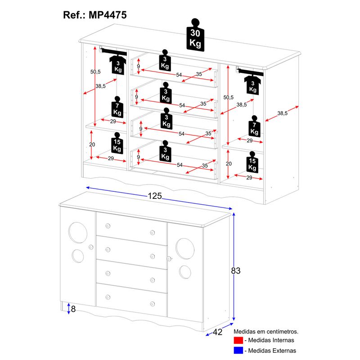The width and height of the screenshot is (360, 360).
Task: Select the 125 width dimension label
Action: [154, 196]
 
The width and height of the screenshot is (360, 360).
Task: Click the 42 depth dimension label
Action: [217, 332]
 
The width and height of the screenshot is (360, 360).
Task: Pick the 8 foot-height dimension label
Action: [73, 309]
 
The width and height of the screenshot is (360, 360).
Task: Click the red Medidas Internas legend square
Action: [238, 340]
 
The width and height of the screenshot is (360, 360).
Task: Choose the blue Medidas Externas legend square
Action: [238, 351]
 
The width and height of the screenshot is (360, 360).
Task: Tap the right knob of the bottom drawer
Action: [153, 303]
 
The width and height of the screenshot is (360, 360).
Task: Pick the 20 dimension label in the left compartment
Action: [92, 145]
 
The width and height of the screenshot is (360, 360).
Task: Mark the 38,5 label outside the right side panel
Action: [282, 113]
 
